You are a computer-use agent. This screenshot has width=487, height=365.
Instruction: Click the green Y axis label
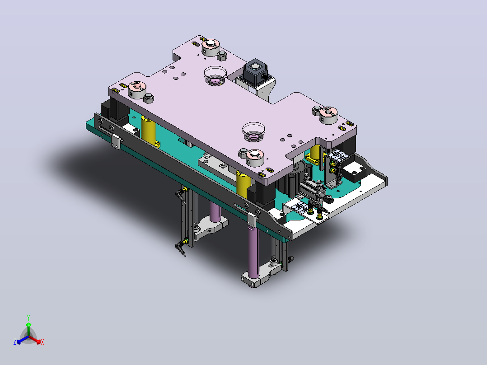pyautogui.click(x=28, y=318)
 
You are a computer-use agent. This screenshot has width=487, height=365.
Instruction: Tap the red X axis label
pyautogui.click(x=42, y=342)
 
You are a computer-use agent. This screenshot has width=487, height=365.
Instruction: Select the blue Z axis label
pyautogui.click(x=15, y=342)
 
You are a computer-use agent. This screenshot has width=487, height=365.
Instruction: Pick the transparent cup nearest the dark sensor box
pyautogui.click(x=215, y=75)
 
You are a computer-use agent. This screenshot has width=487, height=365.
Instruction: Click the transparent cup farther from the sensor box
pyautogui.click(x=254, y=132)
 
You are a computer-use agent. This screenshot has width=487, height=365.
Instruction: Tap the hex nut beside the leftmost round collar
pyautogui.click(x=149, y=98)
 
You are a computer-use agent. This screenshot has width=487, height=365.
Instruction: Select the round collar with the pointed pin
pyautogui.click(x=328, y=115)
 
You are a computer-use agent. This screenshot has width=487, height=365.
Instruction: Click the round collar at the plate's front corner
pyautogui.click(x=255, y=157)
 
